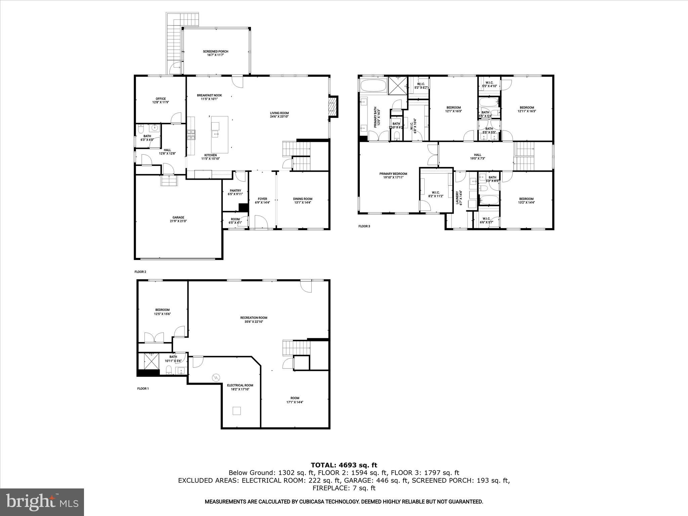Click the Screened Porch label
[215, 51]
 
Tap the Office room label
[161, 99]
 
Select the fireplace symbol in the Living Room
[333, 107]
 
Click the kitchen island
[220, 134]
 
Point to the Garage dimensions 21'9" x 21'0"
[178, 221]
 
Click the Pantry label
[235, 190]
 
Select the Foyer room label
[262, 199]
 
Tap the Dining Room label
[303, 199]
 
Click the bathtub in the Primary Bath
[373, 85]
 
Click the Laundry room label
[457, 198]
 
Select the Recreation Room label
[254, 317]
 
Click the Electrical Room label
[240, 385]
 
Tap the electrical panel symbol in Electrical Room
[215, 378]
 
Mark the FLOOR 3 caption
[364, 226]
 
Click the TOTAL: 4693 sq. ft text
[344, 465]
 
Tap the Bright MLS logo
[42, 502]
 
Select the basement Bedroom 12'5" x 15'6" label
[162, 310]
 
